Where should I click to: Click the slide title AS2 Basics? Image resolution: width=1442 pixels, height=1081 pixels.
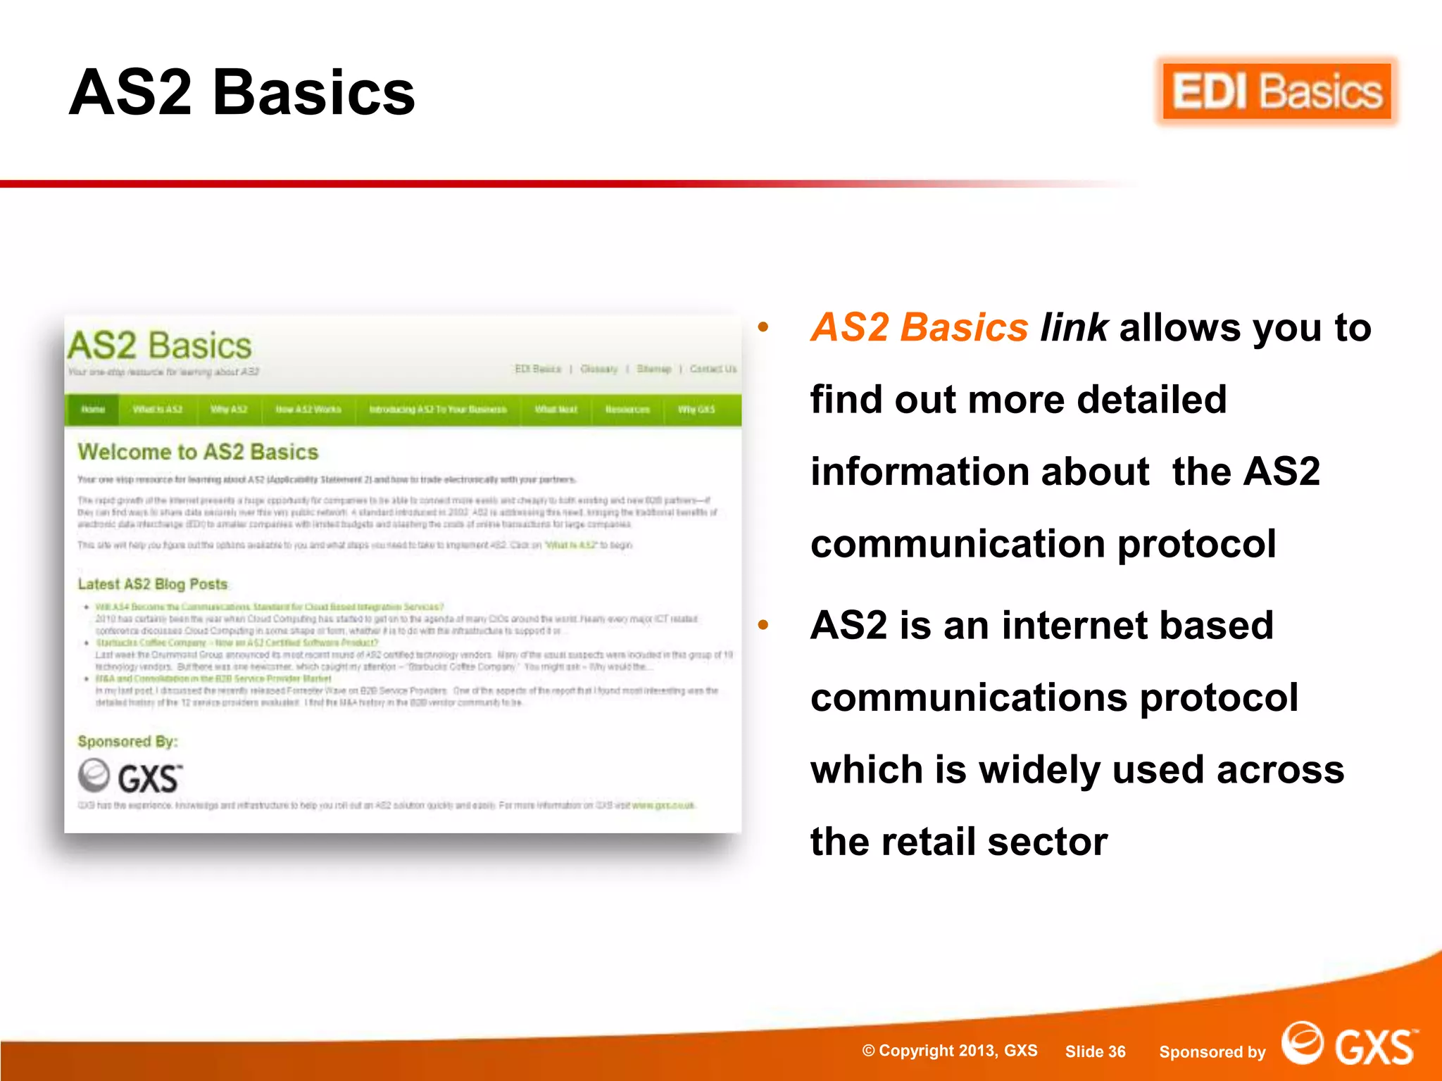tap(242, 93)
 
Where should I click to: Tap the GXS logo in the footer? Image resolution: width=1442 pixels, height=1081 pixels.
tap(1349, 1044)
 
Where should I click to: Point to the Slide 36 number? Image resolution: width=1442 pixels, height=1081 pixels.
tap(1095, 1051)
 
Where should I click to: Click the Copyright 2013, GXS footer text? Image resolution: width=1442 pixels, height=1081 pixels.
tap(950, 1051)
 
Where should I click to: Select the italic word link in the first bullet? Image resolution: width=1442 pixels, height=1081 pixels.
tap(1074, 328)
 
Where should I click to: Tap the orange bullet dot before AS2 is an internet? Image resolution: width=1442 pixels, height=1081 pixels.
tap(763, 625)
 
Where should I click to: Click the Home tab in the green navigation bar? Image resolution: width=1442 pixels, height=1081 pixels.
tap(93, 410)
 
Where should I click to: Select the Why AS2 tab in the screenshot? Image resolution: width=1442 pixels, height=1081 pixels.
tap(229, 410)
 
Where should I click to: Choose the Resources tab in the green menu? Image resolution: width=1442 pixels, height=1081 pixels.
tap(627, 410)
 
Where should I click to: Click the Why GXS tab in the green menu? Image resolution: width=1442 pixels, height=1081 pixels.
tap(696, 410)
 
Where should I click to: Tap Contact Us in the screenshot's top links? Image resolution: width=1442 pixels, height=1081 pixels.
tap(713, 369)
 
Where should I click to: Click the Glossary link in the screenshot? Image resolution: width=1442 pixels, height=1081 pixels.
tap(598, 369)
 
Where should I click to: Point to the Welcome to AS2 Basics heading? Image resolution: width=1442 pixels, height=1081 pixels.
tap(198, 452)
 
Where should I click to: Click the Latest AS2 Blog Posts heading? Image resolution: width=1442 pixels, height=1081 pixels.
tap(153, 584)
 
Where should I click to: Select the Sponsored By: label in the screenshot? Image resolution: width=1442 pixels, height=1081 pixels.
tap(127, 742)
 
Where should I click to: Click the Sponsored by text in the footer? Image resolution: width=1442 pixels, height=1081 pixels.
tap(1212, 1052)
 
